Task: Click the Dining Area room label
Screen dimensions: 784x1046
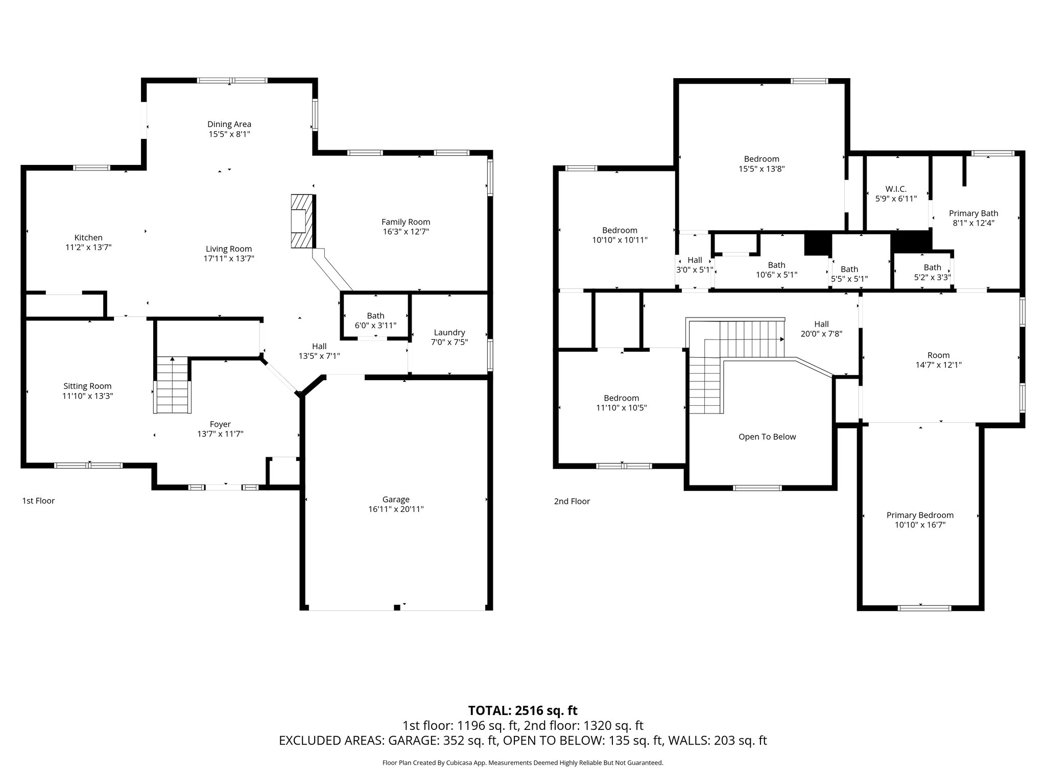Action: pyautogui.click(x=229, y=124)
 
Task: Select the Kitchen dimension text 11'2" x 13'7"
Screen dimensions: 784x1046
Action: pyautogui.click(x=88, y=248)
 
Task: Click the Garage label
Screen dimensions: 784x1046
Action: pyautogui.click(x=396, y=499)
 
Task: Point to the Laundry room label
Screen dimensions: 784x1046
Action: pyautogui.click(x=449, y=332)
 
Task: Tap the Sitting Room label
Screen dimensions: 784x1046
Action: pyautogui.click(x=87, y=386)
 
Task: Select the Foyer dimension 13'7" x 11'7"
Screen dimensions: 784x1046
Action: pyautogui.click(x=220, y=434)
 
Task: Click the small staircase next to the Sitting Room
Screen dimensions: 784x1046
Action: pyautogui.click(x=173, y=385)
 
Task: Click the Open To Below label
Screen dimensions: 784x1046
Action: pyautogui.click(x=767, y=436)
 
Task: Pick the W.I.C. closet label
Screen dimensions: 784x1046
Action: pyautogui.click(x=896, y=189)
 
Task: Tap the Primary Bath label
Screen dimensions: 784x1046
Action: pyautogui.click(x=973, y=213)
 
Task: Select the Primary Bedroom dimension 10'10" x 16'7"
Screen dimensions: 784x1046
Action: pyautogui.click(x=920, y=525)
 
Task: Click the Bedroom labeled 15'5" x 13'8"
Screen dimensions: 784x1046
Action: pyautogui.click(x=761, y=159)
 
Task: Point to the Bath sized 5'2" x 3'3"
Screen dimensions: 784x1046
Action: pyautogui.click(x=932, y=267)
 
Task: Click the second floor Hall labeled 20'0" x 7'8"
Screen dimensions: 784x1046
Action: pyautogui.click(x=821, y=324)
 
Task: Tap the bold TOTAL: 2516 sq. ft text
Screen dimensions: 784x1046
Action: pyautogui.click(x=522, y=710)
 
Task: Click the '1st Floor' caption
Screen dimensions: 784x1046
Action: pyautogui.click(x=38, y=501)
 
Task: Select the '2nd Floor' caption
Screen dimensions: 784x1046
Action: pyautogui.click(x=572, y=501)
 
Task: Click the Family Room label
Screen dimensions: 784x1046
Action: pyautogui.click(x=406, y=222)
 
